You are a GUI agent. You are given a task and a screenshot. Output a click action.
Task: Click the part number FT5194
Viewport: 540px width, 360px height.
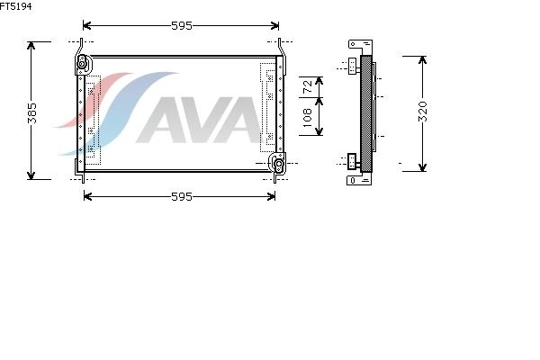point(16,6)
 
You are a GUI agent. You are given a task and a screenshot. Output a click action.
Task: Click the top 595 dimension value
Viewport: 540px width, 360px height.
point(182,26)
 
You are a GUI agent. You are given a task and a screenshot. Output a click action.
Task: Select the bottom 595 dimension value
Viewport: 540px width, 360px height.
point(182,197)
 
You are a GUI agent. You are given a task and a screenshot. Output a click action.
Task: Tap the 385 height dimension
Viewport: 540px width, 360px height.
point(32,112)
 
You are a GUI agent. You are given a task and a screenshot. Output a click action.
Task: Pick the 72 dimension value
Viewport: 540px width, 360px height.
point(307,86)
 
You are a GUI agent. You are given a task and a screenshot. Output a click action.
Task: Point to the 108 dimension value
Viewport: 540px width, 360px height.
point(307,118)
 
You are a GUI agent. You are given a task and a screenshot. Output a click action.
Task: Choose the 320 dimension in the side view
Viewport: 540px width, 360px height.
point(423,112)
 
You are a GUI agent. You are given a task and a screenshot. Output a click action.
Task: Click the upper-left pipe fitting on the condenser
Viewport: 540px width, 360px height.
point(82,64)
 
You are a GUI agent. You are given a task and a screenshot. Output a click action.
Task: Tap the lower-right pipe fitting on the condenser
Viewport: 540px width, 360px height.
point(278,163)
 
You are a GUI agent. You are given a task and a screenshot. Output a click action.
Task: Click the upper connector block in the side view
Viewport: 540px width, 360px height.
point(352,66)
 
